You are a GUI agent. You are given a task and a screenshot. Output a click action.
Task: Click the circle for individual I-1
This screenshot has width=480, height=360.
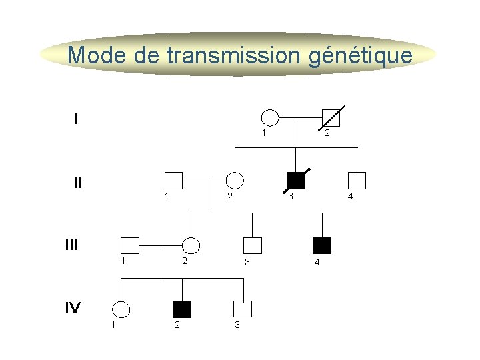(x=269, y=118)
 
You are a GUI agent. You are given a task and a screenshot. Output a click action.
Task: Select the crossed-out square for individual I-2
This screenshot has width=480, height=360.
(x=331, y=118)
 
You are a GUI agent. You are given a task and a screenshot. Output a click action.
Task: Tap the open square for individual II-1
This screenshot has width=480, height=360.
(x=173, y=180)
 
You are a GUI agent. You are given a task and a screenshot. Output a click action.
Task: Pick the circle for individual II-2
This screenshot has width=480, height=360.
(x=235, y=180)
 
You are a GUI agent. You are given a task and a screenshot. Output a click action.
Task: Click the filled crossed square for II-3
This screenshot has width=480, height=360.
(x=295, y=180)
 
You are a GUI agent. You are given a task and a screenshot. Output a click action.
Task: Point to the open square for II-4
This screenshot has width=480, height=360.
(x=357, y=180)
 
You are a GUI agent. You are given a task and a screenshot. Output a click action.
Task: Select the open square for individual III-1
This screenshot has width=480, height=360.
(x=129, y=246)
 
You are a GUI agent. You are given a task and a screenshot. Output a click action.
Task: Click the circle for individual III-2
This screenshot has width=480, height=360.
(x=191, y=246)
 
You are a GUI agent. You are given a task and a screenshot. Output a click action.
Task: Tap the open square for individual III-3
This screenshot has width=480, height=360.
(x=253, y=246)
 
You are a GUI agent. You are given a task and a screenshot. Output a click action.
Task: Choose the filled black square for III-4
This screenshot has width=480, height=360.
(x=323, y=245)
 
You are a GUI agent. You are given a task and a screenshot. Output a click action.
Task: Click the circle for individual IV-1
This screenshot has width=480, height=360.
(x=121, y=309)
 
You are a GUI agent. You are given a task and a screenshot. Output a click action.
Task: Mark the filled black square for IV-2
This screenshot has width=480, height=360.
(x=182, y=309)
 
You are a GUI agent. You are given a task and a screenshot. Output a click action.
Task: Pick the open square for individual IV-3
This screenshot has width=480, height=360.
(x=243, y=309)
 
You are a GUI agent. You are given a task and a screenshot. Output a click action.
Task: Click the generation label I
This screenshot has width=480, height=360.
(x=77, y=119)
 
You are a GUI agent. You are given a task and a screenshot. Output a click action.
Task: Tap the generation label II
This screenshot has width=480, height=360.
(x=79, y=181)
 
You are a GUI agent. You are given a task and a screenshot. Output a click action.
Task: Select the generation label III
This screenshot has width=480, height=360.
(x=71, y=245)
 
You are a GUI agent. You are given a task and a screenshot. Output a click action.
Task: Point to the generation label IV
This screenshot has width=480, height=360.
(x=73, y=307)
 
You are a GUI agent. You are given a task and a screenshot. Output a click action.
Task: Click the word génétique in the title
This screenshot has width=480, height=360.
(x=361, y=55)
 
